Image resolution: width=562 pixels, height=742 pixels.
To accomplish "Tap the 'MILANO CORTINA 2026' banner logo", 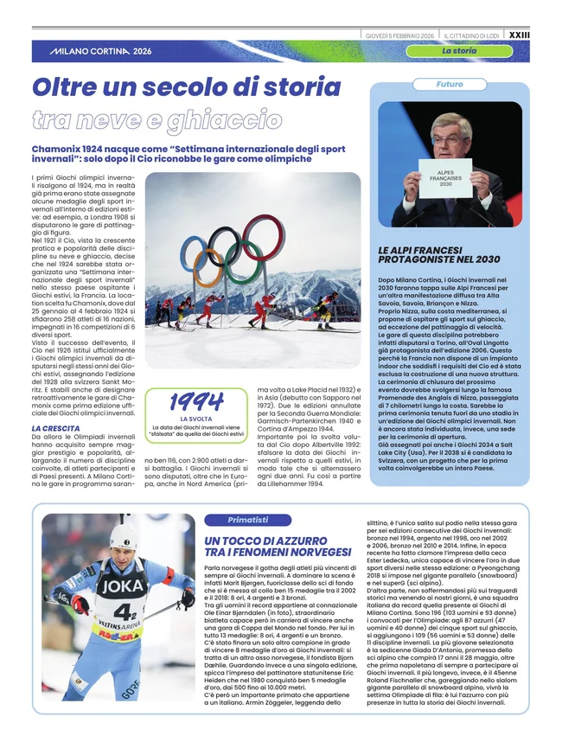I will [x=100, y=52].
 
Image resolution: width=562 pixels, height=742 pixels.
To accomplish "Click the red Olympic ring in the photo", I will [x=261, y=235].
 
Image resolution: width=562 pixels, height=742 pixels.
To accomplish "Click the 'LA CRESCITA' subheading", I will [x=55, y=428].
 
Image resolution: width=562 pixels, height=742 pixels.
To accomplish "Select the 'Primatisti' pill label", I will [x=247, y=519].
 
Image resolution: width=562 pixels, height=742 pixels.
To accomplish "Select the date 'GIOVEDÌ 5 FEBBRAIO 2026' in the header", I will [x=399, y=35].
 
